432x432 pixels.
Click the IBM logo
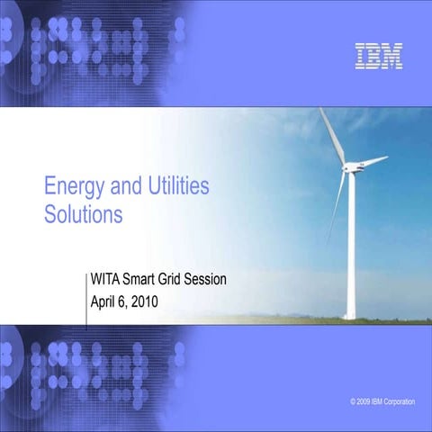(x=379, y=56)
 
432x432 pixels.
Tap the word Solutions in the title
(x=83, y=216)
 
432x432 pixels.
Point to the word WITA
(x=108, y=280)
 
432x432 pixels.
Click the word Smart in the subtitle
(x=146, y=280)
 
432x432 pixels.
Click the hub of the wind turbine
(x=348, y=168)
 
